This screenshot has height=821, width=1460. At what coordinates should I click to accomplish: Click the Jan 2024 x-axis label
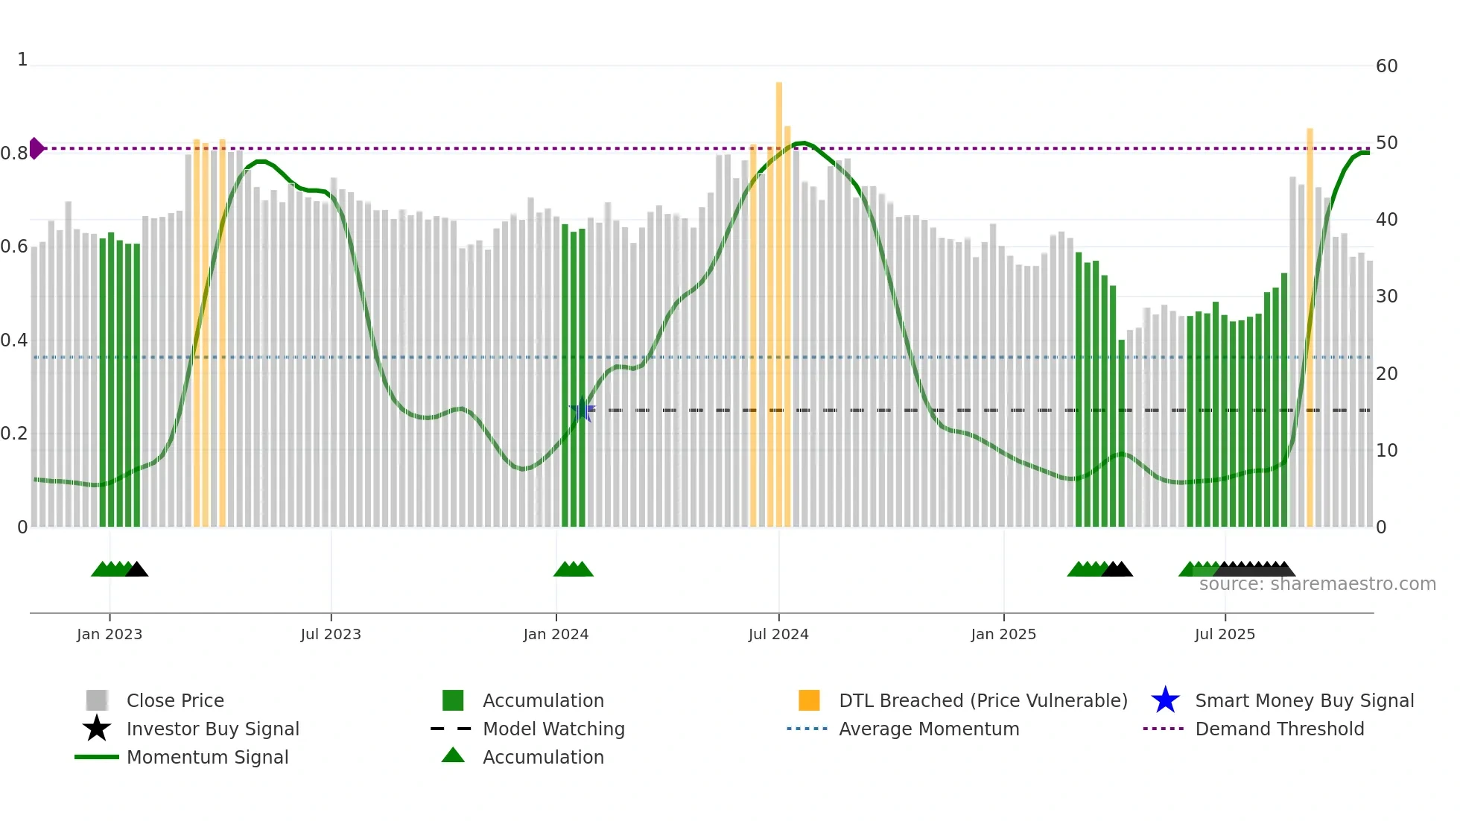click(556, 634)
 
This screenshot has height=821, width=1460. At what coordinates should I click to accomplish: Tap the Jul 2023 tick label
click(331, 634)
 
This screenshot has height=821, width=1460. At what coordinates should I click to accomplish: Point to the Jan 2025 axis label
click(1003, 634)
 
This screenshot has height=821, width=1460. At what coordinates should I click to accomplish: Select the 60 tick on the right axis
click(1386, 66)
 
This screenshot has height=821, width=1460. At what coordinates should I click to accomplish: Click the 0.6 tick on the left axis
click(14, 247)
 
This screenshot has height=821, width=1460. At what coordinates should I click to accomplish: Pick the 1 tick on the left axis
click(22, 60)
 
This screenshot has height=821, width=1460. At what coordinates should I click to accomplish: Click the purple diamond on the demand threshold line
click(36, 148)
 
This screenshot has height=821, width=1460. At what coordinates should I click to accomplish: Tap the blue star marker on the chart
click(582, 410)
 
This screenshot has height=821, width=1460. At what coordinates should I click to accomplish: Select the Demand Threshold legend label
click(1279, 729)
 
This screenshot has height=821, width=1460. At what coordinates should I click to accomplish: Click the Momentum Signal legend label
click(207, 757)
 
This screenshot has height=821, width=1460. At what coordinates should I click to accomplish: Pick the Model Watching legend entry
click(553, 729)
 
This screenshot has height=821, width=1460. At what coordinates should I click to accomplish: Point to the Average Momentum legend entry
click(928, 729)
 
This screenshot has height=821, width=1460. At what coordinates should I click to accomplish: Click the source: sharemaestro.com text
click(1317, 584)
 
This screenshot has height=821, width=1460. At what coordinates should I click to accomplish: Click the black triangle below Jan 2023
click(137, 570)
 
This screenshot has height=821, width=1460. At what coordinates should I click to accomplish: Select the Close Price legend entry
click(175, 700)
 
